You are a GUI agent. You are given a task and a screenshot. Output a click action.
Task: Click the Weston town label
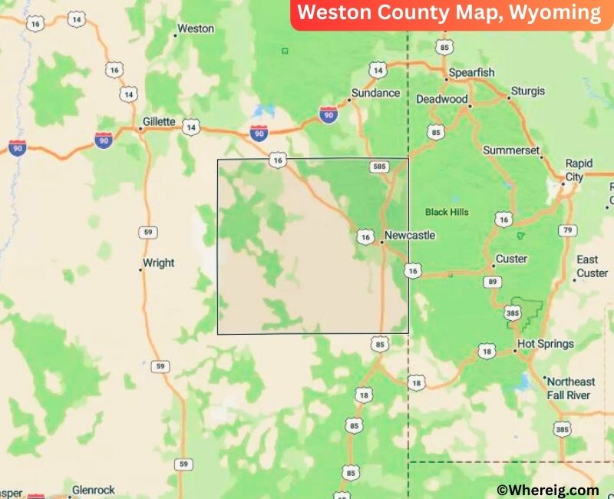pyautogui.click(x=195, y=29)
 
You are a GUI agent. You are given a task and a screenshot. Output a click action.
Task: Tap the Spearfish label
pyautogui.click(x=471, y=73)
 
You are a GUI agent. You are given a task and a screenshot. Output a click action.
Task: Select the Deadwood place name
pyautogui.click(x=441, y=100)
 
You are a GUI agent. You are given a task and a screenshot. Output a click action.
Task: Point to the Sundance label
pyautogui.click(x=375, y=94)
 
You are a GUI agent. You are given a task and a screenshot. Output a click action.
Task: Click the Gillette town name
pyautogui.click(x=159, y=122)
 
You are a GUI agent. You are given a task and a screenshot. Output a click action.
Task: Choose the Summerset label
pyautogui.click(x=511, y=150)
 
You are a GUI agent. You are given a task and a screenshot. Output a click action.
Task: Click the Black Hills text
pyautogui.click(x=447, y=212)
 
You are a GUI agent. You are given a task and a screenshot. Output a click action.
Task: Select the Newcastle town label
pyautogui.click(x=410, y=236)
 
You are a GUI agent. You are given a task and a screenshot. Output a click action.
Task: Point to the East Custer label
pyautogui.click(x=592, y=266)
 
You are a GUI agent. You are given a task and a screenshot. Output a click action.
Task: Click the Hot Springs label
pyautogui.click(x=545, y=344)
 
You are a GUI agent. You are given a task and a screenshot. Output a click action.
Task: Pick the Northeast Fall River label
pyautogui.click(x=569, y=388)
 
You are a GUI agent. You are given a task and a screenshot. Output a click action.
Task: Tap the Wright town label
pyautogui.click(x=159, y=263)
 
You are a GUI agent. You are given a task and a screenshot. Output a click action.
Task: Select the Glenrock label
pyautogui.click(x=93, y=490)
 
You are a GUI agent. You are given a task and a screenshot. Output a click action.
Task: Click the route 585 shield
pyautogui.click(x=378, y=165)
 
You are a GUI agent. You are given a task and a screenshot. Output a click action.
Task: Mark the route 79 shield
pyautogui.click(x=567, y=230)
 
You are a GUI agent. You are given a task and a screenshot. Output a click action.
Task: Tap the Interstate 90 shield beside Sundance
pyautogui.click(x=328, y=115)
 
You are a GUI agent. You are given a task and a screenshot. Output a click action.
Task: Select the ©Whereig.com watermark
pyautogui.click(x=547, y=490)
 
